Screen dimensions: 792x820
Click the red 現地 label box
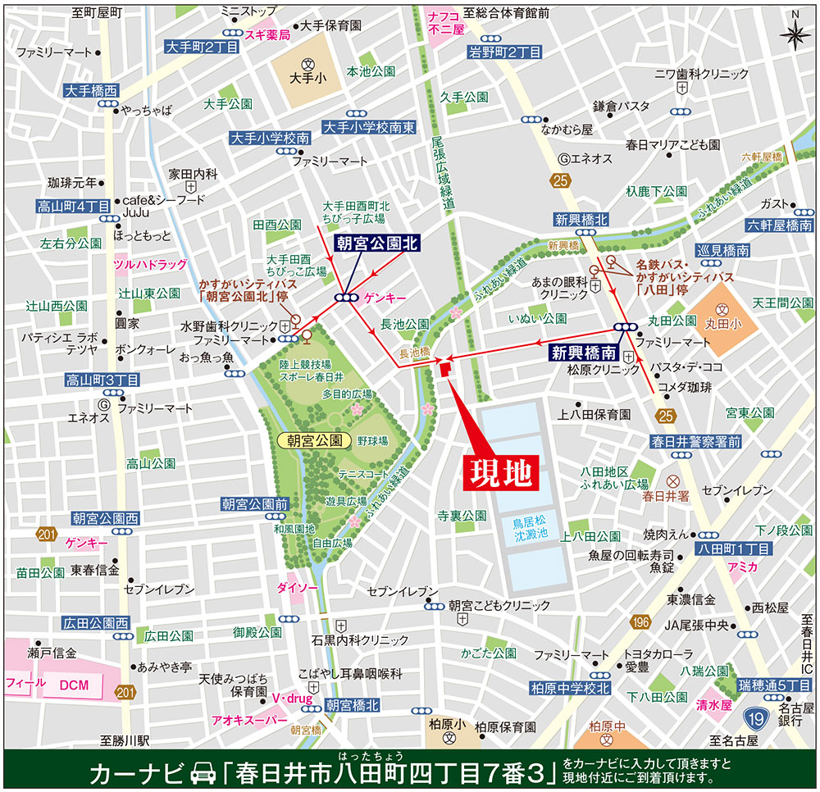[x=500, y=472]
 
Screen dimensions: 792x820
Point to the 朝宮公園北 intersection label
[x=377, y=244]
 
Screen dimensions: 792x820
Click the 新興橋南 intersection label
[x=583, y=353]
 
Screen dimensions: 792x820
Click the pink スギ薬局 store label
[x=269, y=35]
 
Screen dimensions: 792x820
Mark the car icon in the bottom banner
[x=200, y=772]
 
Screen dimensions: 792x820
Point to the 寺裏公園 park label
[x=462, y=516]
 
